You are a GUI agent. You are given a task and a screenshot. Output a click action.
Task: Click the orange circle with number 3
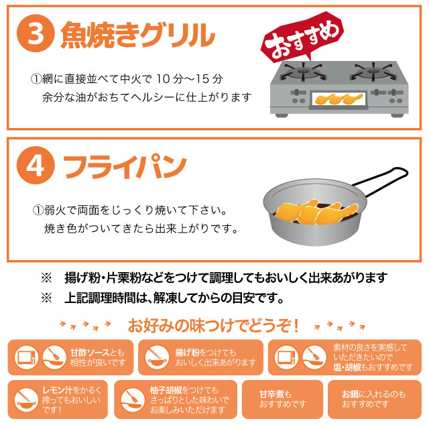(36, 34)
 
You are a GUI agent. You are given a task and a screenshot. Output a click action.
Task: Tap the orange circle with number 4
(36, 165)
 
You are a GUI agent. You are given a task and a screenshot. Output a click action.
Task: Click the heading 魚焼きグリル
(137, 35)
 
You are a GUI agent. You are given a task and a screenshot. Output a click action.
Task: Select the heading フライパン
(125, 167)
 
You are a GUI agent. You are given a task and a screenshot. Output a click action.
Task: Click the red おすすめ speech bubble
(303, 37)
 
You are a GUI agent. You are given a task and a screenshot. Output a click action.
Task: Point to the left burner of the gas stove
(303, 71)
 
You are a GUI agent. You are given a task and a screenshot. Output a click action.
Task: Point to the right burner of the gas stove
(372, 71)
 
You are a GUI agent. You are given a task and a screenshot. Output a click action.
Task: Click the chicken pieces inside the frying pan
(316, 212)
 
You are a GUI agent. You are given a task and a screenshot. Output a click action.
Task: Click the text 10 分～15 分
(190, 79)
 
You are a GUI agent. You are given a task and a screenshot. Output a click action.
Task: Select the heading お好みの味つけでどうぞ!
(213, 326)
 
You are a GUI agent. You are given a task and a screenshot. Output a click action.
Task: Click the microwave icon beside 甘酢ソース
(26, 357)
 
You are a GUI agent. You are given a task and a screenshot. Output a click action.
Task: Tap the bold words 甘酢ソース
(90, 353)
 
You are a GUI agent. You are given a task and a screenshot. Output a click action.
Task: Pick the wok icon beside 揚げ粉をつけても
(157, 357)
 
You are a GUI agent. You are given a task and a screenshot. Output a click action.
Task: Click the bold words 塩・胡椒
(347, 367)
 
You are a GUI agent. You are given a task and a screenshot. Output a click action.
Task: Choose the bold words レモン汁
(57, 390)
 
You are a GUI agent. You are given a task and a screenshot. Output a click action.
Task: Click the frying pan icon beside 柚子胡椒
(133, 400)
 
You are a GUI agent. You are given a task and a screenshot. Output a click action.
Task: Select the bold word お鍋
(350, 394)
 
